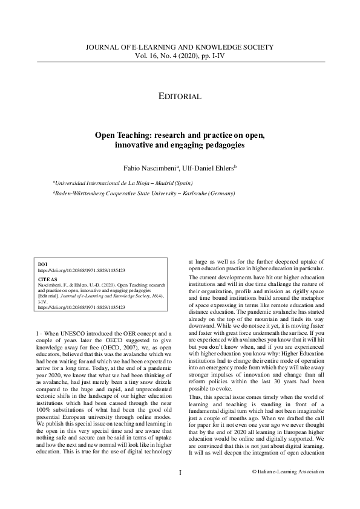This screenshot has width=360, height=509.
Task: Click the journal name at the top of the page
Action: pyautogui.click(x=180, y=47)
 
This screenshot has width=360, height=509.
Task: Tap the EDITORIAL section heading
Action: pyautogui.click(x=180, y=96)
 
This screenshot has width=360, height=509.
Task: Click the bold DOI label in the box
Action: pyautogui.click(x=42, y=265)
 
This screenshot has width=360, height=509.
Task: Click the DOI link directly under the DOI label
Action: pyautogui.click(x=81, y=271)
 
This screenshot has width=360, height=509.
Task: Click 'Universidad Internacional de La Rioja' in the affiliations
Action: pyautogui.click(x=99, y=181)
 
